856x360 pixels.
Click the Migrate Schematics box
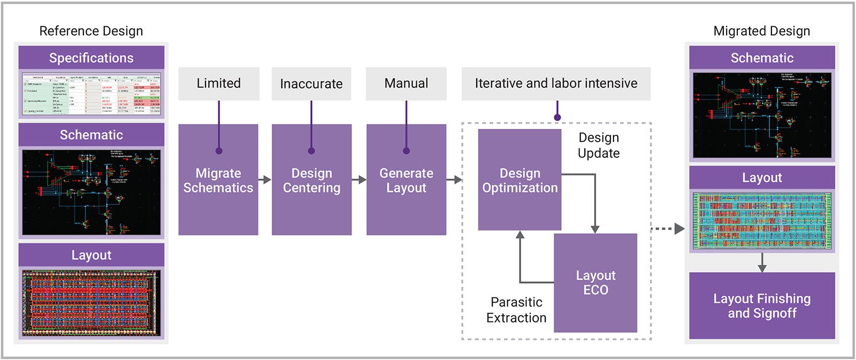click(x=218, y=180)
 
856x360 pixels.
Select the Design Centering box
click(x=311, y=180)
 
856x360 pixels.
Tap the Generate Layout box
click(x=406, y=180)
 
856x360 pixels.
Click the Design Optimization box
click(x=519, y=180)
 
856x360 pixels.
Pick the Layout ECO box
click(x=595, y=282)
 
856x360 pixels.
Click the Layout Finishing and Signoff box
click(x=762, y=305)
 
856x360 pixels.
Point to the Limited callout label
click(x=219, y=83)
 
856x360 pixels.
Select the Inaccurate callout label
click(x=311, y=83)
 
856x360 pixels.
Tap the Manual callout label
click(x=406, y=83)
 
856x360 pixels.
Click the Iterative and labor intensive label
click(x=556, y=83)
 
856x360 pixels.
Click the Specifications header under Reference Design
click(x=91, y=58)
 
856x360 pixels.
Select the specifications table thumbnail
click(x=91, y=94)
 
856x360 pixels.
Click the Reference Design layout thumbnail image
click(x=91, y=303)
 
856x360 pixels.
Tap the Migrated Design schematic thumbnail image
click(x=762, y=116)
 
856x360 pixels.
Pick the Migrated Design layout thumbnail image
click(x=762, y=221)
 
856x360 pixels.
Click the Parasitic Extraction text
click(x=516, y=310)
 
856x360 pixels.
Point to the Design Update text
click(x=599, y=145)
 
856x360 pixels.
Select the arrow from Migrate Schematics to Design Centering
click(x=265, y=180)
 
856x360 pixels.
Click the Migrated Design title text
click(x=762, y=31)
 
